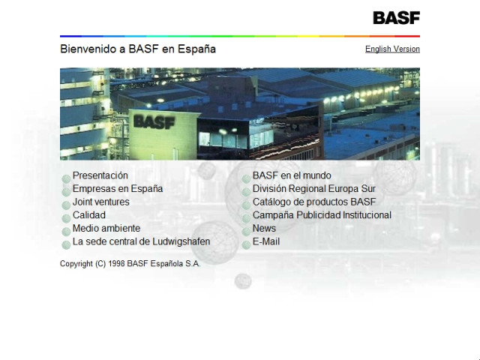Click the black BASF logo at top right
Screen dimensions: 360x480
click(396, 17)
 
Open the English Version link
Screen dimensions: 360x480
click(392, 49)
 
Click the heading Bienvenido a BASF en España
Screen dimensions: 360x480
click(138, 49)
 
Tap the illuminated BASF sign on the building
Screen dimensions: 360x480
click(154, 121)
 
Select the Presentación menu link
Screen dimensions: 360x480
click(100, 175)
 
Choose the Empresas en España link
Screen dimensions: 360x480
click(117, 189)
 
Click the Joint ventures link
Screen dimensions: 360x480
click(100, 202)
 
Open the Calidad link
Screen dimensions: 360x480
click(88, 215)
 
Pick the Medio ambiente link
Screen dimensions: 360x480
click(106, 228)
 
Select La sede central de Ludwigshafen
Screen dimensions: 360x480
click(141, 241)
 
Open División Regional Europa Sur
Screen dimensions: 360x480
click(313, 189)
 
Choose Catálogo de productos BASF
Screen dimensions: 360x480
click(313, 202)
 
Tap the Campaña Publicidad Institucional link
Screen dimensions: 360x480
click(321, 215)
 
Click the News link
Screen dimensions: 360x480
click(264, 228)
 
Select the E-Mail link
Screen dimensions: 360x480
click(265, 241)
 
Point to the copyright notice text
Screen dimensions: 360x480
click(130, 263)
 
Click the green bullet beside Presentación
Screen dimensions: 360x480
click(66, 178)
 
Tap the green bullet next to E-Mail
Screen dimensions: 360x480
click(246, 244)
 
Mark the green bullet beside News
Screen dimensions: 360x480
click(246, 230)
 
